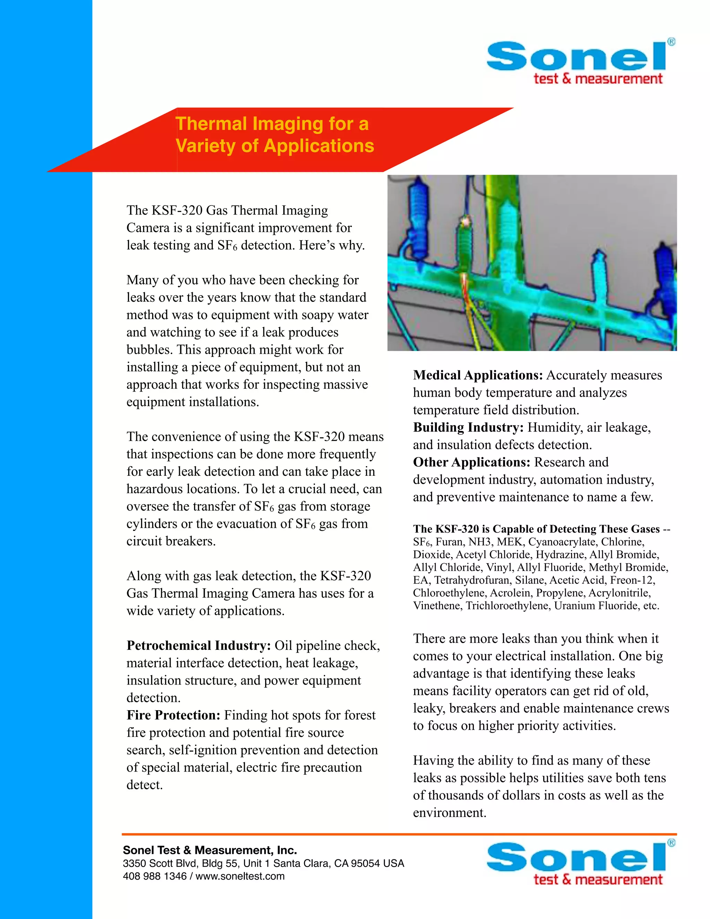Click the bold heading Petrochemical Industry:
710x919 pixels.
tap(199, 645)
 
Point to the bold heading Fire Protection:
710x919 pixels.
tap(173, 715)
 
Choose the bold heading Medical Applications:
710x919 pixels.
tap(478, 375)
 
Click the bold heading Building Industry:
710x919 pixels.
tap(468, 427)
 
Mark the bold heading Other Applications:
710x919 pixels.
tap(471, 462)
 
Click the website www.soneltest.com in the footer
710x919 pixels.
tap(240, 876)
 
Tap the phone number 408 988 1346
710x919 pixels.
tap(154, 876)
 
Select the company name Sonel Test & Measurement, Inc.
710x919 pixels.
tap(210, 850)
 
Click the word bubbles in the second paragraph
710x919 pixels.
tap(148, 350)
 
